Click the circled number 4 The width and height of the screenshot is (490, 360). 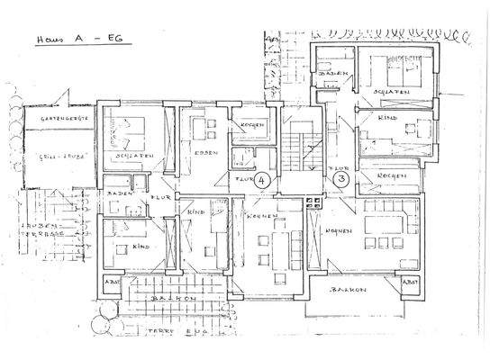pos(261,181)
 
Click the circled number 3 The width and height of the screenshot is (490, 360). pos(340,180)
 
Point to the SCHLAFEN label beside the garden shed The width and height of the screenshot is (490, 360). pos(132,156)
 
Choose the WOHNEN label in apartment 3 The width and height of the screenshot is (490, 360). pos(338,230)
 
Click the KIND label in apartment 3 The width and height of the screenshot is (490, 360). pos(386,118)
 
